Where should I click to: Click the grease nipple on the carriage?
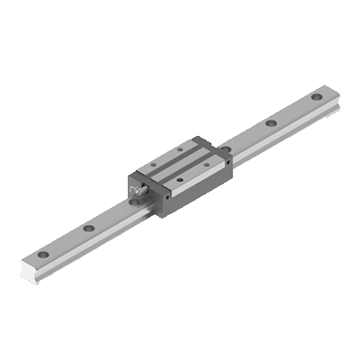coord(139,190)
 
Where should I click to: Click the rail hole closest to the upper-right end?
coord(317,96)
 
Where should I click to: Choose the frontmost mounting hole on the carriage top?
coord(180,179)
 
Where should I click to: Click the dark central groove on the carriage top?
coord(180,164)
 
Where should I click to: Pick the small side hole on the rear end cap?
coord(229,163)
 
